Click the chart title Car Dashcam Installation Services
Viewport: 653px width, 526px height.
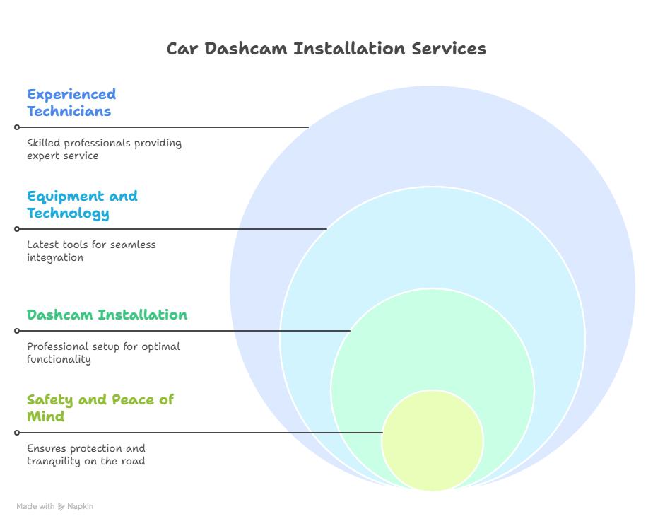click(326, 49)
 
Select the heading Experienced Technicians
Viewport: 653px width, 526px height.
click(71, 103)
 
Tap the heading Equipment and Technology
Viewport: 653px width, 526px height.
click(82, 204)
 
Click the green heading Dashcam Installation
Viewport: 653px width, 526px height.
click(107, 315)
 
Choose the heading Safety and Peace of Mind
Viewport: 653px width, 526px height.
click(100, 408)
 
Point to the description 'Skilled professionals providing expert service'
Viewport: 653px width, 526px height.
click(104, 149)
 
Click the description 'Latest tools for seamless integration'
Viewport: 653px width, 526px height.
click(91, 251)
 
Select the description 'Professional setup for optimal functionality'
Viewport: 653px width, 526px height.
click(103, 353)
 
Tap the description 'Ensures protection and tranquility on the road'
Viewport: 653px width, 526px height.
click(86, 455)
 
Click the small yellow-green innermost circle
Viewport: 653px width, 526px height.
click(432, 440)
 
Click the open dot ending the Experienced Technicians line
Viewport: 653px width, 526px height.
click(17, 127)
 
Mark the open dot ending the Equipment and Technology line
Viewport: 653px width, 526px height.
click(17, 229)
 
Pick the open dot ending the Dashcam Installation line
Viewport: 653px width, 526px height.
click(17, 331)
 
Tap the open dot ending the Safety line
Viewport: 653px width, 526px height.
click(17, 433)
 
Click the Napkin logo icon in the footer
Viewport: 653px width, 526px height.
click(61, 507)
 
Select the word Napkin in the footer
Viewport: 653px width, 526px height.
click(80, 507)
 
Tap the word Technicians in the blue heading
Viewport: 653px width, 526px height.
click(69, 111)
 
